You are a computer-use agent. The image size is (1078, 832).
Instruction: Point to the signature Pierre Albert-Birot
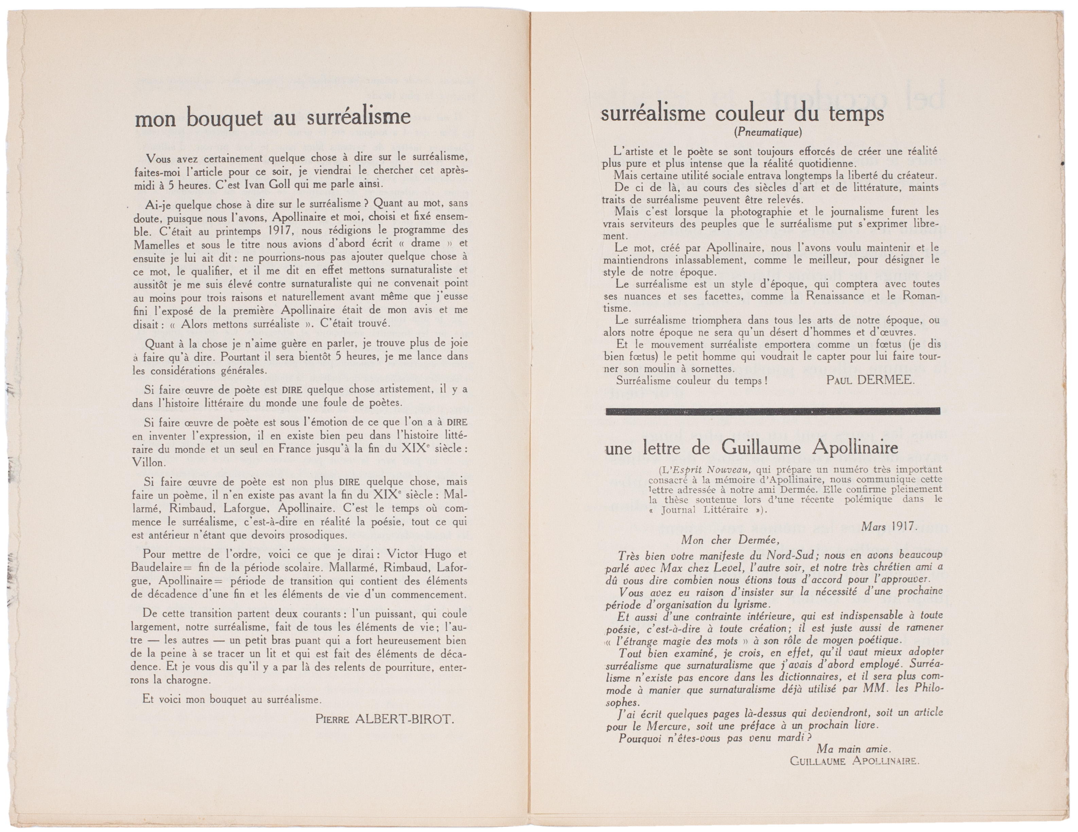pyautogui.click(x=384, y=719)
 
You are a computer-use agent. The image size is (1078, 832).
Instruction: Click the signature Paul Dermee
pyautogui.click(x=871, y=380)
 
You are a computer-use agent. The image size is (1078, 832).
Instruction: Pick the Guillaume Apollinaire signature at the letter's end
pyautogui.click(x=854, y=761)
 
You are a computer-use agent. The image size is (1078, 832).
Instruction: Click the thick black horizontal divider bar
pyautogui.click(x=772, y=411)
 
